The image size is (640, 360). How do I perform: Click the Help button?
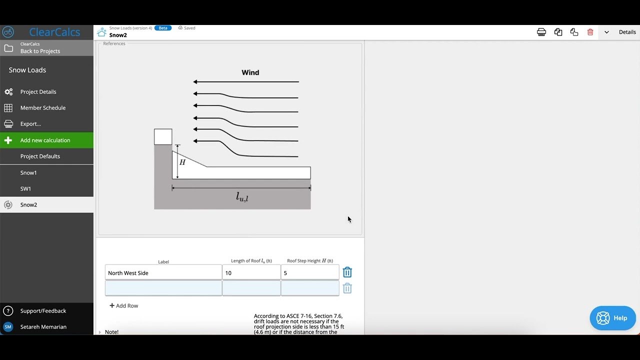(x=612, y=318)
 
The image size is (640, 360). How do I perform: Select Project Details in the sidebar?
(x=38, y=92)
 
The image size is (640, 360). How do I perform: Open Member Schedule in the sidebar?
(x=42, y=108)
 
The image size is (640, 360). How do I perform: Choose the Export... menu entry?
(x=30, y=124)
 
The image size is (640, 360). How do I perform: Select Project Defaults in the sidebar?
(x=40, y=156)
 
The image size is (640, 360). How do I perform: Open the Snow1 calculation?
(x=28, y=173)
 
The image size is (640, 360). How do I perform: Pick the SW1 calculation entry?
(x=25, y=189)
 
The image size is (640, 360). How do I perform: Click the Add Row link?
(x=124, y=305)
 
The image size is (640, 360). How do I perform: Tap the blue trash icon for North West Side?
(x=347, y=272)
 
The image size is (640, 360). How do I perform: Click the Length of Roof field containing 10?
(x=251, y=273)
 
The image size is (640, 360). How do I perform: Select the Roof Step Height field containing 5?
(x=309, y=273)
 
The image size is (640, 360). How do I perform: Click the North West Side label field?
(x=163, y=273)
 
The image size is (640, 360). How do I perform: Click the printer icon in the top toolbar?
(x=541, y=32)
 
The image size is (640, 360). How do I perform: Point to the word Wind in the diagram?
(x=250, y=72)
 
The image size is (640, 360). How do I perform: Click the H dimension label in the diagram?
(x=182, y=162)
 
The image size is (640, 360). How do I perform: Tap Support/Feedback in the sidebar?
(x=43, y=311)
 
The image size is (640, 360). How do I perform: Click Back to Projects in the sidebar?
(x=40, y=51)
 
